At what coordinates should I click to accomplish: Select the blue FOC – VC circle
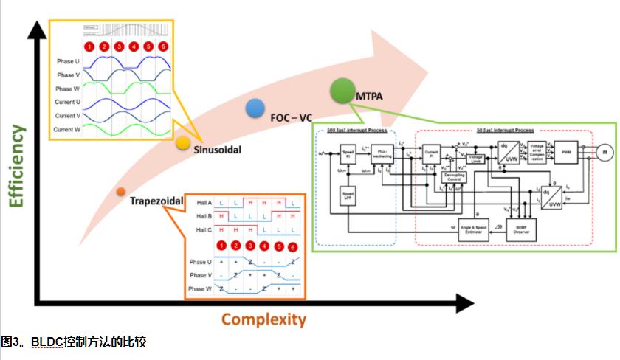pos(255,108)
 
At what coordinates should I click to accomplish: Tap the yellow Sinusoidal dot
pos(184,143)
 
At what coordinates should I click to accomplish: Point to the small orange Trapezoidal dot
pos(120,192)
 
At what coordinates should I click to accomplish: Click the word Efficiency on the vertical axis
pos(15,166)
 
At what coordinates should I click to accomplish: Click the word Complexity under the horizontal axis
pos(263,319)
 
